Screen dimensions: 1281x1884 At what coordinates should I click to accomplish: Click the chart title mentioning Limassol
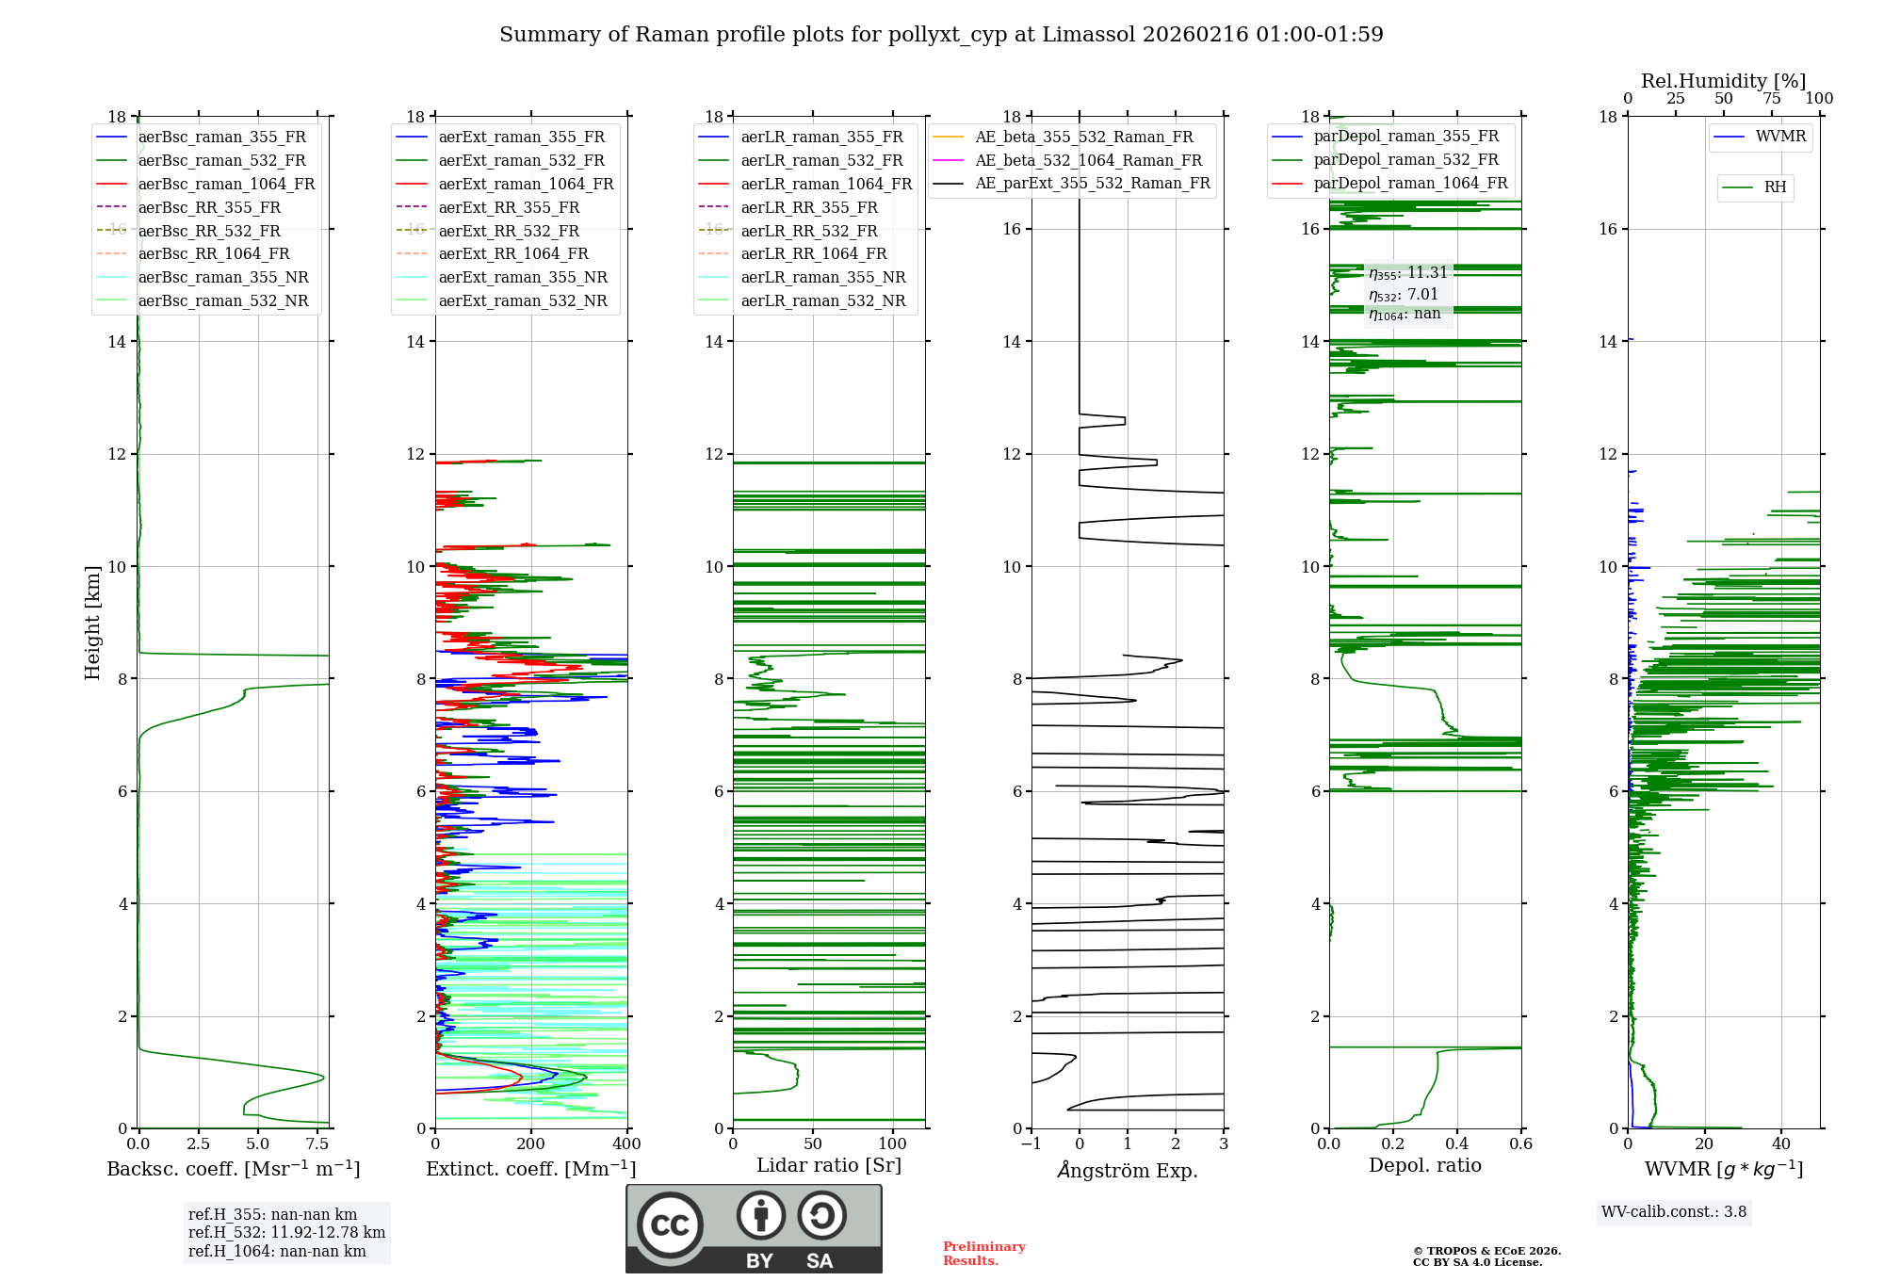(941, 35)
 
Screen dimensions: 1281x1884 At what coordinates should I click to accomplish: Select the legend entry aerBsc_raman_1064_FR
(226, 184)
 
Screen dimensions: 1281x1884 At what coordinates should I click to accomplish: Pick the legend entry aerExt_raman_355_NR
(522, 277)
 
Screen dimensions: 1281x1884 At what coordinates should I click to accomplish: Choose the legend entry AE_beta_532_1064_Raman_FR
(1088, 160)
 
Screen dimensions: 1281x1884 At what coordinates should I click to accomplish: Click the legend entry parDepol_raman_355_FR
(1405, 137)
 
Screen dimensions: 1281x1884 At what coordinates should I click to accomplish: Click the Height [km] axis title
(92, 622)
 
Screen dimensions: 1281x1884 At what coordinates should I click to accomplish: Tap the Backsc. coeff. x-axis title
(233, 1169)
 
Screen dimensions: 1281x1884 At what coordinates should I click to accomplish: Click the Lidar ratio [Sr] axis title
(829, 1165)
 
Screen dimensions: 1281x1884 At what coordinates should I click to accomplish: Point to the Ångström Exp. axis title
(1128, 1170)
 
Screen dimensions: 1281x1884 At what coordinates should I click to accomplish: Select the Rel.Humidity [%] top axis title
(1723, 81)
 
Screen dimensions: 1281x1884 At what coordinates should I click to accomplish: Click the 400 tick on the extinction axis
(626, 1144)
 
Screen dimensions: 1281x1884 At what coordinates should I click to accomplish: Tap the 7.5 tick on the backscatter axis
(317, 1144)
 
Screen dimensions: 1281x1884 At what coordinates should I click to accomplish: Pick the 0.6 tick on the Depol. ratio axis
(1520, 1144)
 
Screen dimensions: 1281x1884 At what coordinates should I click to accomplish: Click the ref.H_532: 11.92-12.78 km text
(286, 1232)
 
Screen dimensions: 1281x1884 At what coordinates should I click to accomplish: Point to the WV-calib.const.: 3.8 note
(1674, 1211)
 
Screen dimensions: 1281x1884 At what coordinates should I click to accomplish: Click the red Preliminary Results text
(983, 1253)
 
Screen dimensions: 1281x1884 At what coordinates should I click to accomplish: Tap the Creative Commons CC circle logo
(670, 1224)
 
